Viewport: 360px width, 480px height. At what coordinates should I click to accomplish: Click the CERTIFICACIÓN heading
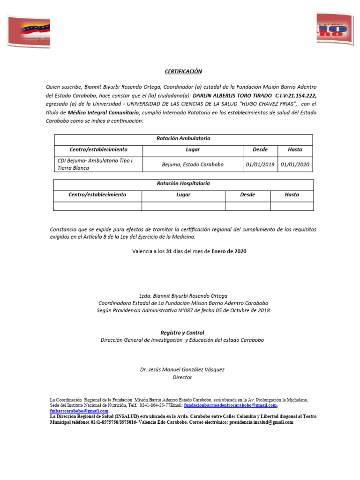183,71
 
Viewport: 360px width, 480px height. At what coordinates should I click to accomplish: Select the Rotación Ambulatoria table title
183,139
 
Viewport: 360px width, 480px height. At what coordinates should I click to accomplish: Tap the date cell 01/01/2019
260,165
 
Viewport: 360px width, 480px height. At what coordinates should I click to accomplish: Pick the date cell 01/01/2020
295,165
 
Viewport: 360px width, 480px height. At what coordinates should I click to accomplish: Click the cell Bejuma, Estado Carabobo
193,165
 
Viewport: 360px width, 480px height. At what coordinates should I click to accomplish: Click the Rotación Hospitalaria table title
183,184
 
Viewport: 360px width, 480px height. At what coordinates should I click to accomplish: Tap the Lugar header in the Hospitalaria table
183,195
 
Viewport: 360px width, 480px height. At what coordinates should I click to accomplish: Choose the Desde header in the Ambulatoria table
260,150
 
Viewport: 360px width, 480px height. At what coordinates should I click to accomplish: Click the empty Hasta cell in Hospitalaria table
292,206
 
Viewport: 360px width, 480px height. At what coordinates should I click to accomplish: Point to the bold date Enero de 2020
229,251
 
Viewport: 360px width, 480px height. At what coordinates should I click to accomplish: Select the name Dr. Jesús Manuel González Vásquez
182,369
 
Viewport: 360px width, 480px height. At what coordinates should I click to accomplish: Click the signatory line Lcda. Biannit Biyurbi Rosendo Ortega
183,296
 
